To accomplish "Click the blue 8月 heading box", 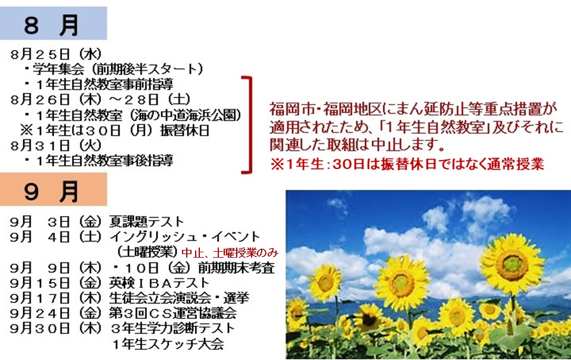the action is tap(53, 23).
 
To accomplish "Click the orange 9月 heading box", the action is tap(53, 189).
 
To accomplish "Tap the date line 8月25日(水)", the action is tap(56, 54).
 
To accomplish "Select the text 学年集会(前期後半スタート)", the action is tap(118, 69).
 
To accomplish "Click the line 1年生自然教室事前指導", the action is tap(105, 84).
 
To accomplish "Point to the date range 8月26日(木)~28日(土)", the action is tap(101, 99).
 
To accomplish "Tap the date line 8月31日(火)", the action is tap(56, 145).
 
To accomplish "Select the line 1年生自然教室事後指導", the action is tap(105, 161).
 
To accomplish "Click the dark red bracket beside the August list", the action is tap(250, 124).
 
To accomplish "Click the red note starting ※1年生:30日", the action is tap(407, 164).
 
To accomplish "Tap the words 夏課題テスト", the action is tap(146, 221).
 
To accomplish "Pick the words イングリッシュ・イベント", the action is tap(184, 237).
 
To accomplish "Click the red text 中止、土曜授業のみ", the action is tap(230, 252).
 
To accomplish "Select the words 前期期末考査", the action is tap(236, 268).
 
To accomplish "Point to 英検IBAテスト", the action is tap(159, 283).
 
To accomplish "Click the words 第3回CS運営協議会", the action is tap(172, 313).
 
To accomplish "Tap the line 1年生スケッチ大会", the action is tap(168, 343).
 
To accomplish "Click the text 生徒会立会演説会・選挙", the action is tap(179, 298).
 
